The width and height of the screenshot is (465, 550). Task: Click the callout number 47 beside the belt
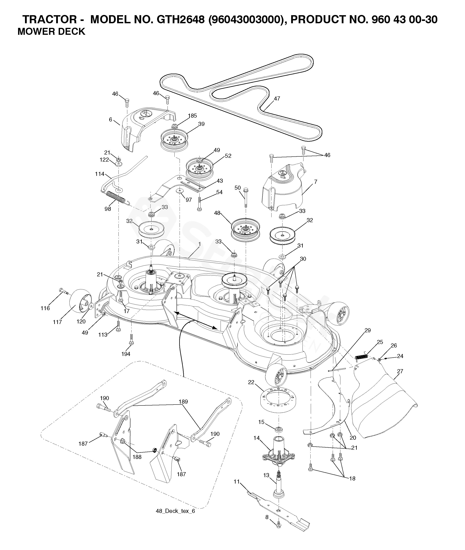(x=277, y=99)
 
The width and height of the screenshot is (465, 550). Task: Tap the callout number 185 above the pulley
(x=192, y=116)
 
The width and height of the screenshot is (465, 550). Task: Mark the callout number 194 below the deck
(x=126, y=354)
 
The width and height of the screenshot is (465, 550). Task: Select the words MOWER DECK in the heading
(x=51, y=31)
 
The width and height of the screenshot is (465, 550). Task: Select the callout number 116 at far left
(x=45, y=308)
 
